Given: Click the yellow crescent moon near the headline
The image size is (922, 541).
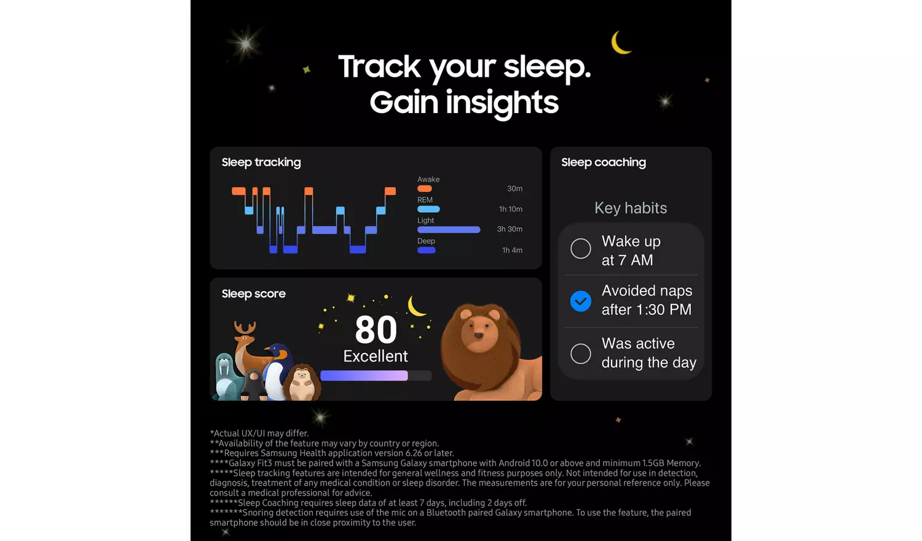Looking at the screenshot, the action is tap(618, 43).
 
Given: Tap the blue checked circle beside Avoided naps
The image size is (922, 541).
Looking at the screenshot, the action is tap(581, 301).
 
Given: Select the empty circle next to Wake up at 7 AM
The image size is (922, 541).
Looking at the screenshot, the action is tap(581, 249).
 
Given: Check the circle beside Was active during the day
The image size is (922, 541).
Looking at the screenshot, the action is tap(581, 353).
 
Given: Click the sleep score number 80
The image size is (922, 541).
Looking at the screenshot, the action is tap(376, 330).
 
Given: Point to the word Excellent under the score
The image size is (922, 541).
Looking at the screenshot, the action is tap(376, 356).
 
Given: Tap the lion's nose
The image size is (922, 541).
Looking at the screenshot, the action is tap(478, 336).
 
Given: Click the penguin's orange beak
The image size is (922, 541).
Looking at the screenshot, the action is tap(269, 349).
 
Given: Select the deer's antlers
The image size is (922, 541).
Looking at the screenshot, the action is tap(245, 328).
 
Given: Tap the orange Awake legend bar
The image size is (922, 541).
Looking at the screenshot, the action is tap(424, 189).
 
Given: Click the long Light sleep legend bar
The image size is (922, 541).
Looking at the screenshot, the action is tap(449, 230).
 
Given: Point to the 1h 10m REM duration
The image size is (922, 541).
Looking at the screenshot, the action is tap(510, 209).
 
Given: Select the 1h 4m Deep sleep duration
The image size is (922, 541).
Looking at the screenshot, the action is tap(512, 250).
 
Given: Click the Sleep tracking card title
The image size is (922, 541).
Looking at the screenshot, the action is tap(261, 163).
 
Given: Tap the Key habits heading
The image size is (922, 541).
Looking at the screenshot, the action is tap(631, 208).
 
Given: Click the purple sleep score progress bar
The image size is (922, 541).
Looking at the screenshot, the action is tap(364, 376).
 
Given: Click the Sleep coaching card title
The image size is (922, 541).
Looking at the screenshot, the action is tap(604, 163).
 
